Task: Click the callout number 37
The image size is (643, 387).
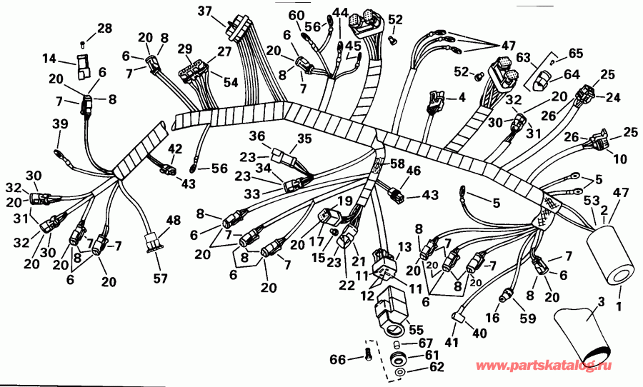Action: (205, 11)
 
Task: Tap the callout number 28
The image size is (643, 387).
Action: (104, 29)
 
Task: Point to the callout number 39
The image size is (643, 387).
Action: (59, 124)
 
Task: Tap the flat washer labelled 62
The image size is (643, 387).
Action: (399, 373)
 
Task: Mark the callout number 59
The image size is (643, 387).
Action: (526, 318)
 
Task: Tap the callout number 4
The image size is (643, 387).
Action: (462, 97)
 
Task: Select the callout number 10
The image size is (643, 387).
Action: (600, 158)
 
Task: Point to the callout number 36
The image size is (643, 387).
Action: (256, 136)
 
